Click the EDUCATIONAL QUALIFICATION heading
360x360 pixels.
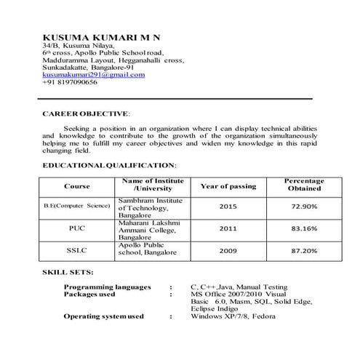(109, 167)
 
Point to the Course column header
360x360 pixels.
(77, 186)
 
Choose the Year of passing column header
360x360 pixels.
(228, 186)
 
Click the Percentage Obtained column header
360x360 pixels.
(304, 185)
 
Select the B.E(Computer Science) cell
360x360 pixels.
(77, 207)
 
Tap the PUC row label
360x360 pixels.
(77, 228)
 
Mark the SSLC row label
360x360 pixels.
(77, 250)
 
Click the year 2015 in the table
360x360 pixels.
(228, 207)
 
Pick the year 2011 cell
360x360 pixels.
(228, 228)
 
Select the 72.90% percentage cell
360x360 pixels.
(304, 207)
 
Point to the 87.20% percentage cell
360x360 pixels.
(304, 250)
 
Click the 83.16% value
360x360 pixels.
(304, 228)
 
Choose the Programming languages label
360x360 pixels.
(107, 287)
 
